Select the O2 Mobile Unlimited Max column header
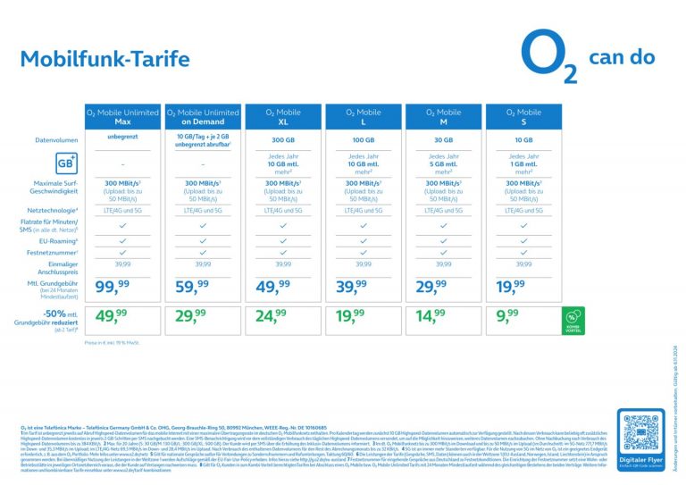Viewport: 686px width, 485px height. click(x=122, y=116)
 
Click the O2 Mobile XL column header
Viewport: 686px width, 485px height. click(x=283, y=116)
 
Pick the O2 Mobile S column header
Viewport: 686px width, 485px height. click(x=523, y=116)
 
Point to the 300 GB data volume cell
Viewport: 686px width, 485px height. click(x=283, y=140)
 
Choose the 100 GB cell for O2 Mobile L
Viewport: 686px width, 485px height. click(x=364, y=140)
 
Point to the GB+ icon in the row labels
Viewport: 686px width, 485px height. click(x=65, y=163)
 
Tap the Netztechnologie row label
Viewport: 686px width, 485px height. click(x=57, y=211)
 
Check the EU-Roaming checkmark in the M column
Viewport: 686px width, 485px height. click(x=443, y=240)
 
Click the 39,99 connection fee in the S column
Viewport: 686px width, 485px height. click(x=523, y=264)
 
